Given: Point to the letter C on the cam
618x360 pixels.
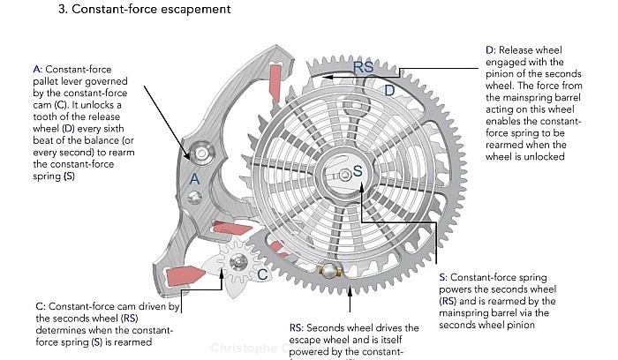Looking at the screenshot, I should (x=262, y=274).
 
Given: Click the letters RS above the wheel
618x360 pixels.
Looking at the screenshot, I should (x=364, y=66).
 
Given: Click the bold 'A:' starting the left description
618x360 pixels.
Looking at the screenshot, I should (x=36, y=69).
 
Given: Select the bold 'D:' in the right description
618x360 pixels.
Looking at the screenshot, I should (x=491, y=51).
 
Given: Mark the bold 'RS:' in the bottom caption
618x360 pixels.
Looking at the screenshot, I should (x=298, y=328).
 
